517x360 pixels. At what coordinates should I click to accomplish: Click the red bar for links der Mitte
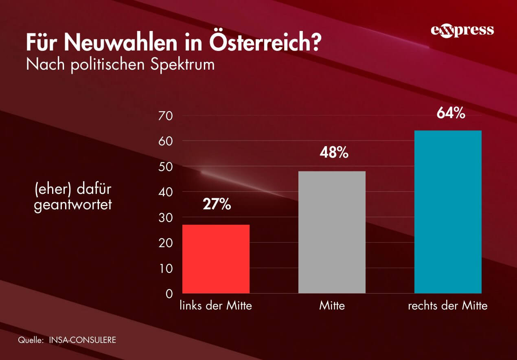(x=216, y=259)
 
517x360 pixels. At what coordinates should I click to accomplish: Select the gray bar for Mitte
(x=332, y=232)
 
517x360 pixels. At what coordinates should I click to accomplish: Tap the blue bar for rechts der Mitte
(x=448, y=212)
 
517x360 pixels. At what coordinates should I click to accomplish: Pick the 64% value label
(x=451, y=114)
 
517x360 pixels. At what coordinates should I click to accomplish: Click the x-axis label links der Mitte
(x=216, y=306)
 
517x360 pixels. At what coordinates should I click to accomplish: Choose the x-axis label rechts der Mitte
(x=447, y=306)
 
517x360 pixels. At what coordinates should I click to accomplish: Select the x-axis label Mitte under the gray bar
(x=332, y=306)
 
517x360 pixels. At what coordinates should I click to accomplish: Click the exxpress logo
(x=462, y=31)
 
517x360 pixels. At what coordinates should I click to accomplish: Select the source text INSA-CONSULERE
(x=82, y=340)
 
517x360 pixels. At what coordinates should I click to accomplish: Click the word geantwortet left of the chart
(x=72, y=205)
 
